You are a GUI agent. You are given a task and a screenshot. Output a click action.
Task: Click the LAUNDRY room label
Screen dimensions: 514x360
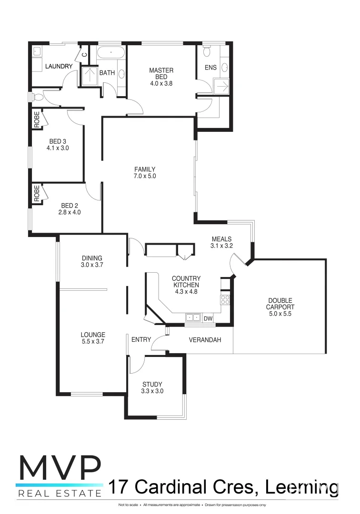point(59,66)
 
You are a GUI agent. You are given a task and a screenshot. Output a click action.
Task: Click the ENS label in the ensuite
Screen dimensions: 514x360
point(210,68)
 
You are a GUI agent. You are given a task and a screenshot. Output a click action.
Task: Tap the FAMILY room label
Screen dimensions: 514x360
point(145,169)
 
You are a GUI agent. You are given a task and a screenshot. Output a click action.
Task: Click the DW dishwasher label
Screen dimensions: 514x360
point(208,318)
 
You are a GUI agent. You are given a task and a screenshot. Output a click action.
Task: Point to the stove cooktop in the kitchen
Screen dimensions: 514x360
point(225,299)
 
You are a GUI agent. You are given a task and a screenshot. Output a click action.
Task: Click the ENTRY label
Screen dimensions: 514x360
point(141,340)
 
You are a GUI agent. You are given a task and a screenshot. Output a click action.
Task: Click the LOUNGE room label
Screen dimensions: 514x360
point(93,335)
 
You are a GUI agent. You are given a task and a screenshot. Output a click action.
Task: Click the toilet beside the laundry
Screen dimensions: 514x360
point(39,97)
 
